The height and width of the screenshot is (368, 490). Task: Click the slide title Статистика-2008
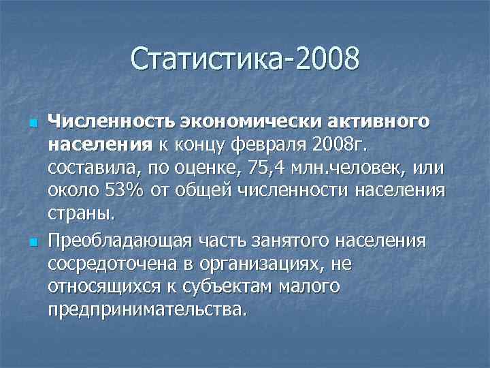coord(245,59)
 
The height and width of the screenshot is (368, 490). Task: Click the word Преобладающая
coord(120,241)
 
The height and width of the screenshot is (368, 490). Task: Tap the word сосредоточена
coord(110,263)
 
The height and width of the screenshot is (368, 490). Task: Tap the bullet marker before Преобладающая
coord(32,242)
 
